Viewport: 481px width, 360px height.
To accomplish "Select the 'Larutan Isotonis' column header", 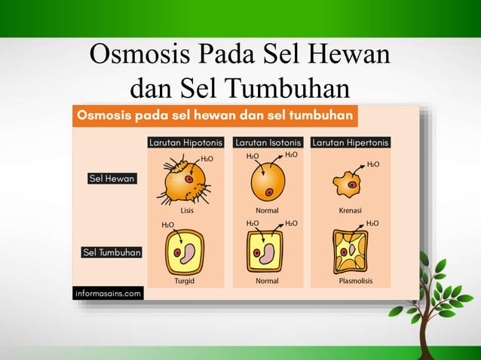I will tap(268, 142).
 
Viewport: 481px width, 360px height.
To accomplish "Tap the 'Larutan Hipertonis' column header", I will tap(351, 142).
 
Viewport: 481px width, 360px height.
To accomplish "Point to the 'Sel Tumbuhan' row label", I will tap(112, 253).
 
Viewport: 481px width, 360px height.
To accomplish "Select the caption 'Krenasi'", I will tap(351, 211).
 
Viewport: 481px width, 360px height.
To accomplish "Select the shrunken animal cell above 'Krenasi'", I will tap(349, 184).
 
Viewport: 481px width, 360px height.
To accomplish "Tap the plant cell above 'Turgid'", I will tap(185, 252).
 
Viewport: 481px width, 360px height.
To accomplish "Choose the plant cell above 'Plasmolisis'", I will tap(351, 252).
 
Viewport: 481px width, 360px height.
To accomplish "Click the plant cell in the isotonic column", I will tap(266, 252).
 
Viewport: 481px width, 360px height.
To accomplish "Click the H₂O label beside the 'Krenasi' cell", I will tap(373, 163).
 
